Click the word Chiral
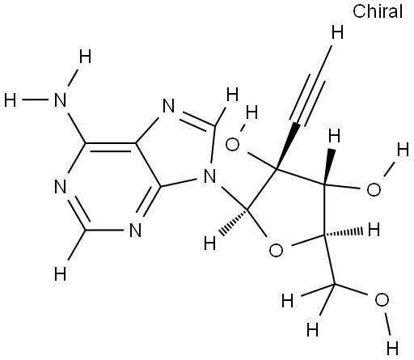(x=378, y=11)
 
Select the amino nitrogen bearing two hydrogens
(x=60, y=100)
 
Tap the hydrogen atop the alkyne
(x=337, y=32)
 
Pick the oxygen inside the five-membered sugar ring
(x=276, y=250)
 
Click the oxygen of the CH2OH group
(x=382, y=300)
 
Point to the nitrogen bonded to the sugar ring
(x=209, y=176)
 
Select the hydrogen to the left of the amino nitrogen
(x=11, y=100)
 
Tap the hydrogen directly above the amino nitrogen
(x=85, y=57)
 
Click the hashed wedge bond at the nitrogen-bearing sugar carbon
(x=234, y=220)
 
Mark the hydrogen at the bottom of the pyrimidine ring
(x=60, y=274)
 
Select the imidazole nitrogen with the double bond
(x=169, y=106)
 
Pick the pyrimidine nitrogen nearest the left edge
(x=60, y=186)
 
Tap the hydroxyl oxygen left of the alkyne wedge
(x=232, y=145)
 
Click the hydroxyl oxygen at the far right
(x=374, y=189)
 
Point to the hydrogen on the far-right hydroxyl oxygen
(x=403, y=150)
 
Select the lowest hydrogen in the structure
(x=392, y=348)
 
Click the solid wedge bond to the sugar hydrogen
(x=328, y=167)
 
